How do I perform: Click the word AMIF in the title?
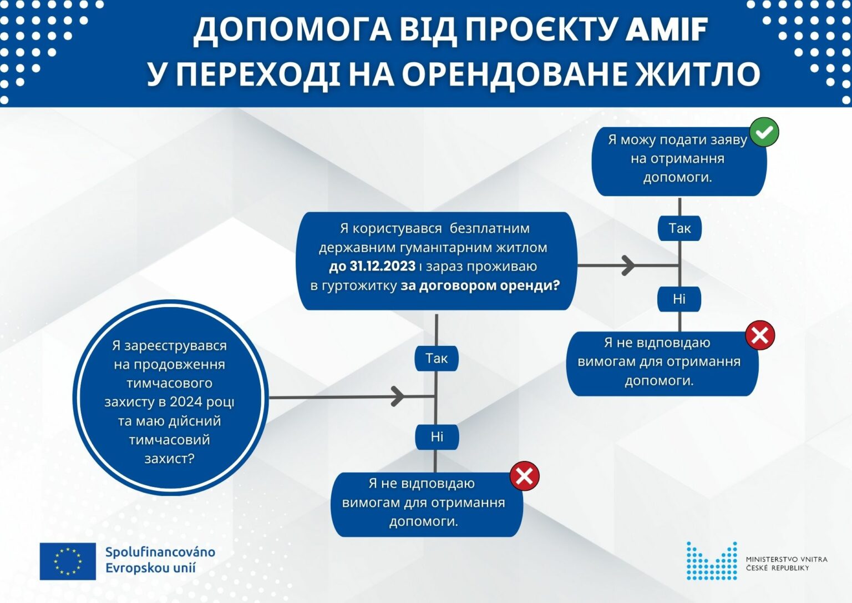(x=666, y=29)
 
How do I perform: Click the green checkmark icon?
(x=764, y=132)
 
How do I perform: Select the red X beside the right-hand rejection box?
(x=760, y=335)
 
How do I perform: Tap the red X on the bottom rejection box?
(x=525, y=476)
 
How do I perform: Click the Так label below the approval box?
(x=679, y=228)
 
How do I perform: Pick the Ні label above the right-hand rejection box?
(x=679, y=299)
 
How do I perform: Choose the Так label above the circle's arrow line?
(x=437, y=358)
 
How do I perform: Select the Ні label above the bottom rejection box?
(x=437, y=436)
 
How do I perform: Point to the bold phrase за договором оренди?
(x=480, y=285)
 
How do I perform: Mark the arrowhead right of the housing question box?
(x=628, y=265)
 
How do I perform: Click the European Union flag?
(x=68, y=561)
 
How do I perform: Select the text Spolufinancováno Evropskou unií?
(x=160, y=560)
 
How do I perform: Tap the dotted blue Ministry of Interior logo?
(x=712, y=561)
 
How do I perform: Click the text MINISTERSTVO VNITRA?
(x=787, y=559)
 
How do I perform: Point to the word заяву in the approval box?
(x=728, y=140)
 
